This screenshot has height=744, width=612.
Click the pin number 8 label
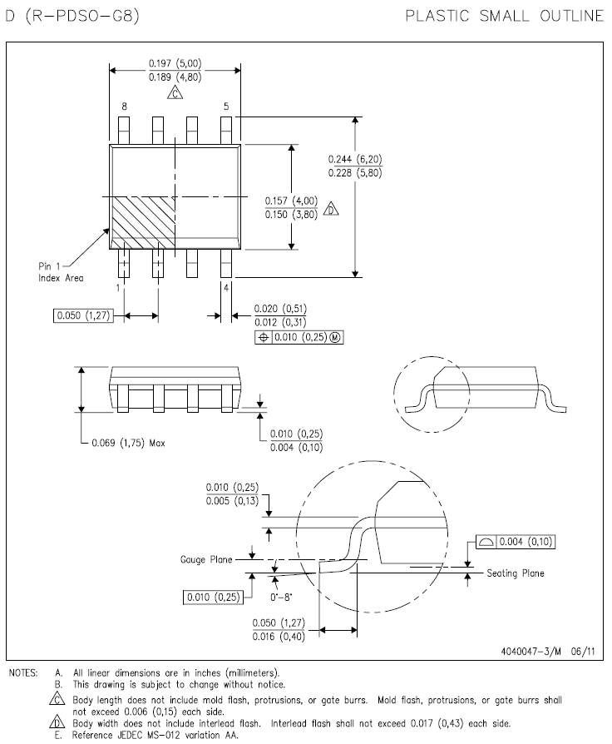tap(124, 107)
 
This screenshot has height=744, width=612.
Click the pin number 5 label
tap(225, 107)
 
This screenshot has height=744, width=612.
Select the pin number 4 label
tap(225, 287)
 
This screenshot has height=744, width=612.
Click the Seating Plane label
tap(516, 573)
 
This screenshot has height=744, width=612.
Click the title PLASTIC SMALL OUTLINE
tap(504, 16)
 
